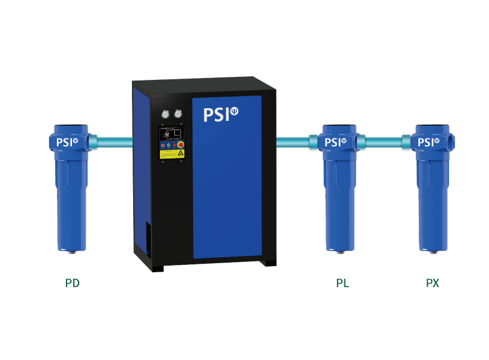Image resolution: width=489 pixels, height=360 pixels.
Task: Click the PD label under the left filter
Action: [x=73, y=283]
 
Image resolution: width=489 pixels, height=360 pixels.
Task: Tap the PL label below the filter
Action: [x=343, y=283]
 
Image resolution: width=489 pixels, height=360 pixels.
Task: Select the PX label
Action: [x=432, y=283]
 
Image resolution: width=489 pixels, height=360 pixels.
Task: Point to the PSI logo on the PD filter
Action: [x=67, y=143]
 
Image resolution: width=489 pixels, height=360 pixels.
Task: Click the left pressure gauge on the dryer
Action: [x=165, y=113]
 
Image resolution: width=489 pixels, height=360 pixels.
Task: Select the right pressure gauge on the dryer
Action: [x=178, y=113]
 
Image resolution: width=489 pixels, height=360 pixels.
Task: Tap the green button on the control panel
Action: [x=164, y=145]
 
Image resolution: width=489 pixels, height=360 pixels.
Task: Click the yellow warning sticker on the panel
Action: [x=172, y=154]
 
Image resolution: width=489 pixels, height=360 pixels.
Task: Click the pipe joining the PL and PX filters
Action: [x=383, y=142]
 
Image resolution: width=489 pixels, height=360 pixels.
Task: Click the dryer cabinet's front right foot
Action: [x=268, y=262]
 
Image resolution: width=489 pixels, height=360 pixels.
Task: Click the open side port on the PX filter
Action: [x=452, y=142]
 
